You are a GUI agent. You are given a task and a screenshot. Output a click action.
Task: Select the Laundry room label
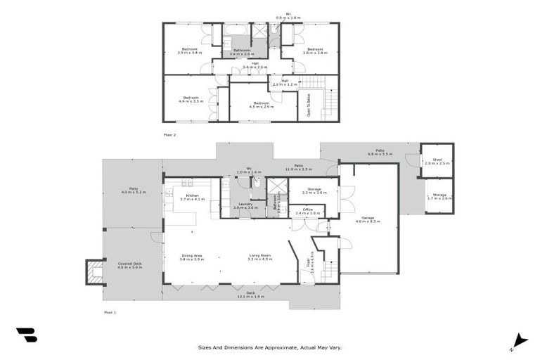[245, 205]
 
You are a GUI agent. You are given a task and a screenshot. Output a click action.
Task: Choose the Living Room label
[259, 257]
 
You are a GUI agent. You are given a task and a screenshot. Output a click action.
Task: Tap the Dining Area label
[192, 257]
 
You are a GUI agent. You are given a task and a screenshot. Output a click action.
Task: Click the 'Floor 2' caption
[169, 134]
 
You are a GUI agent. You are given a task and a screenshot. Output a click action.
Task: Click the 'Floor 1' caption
[110, 311]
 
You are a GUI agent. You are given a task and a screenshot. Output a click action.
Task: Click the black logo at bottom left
[27, 335]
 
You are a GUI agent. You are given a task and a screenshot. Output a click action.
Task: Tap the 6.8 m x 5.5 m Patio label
[380, 152]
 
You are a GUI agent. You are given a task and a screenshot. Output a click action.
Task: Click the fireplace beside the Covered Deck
[94, 271]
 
